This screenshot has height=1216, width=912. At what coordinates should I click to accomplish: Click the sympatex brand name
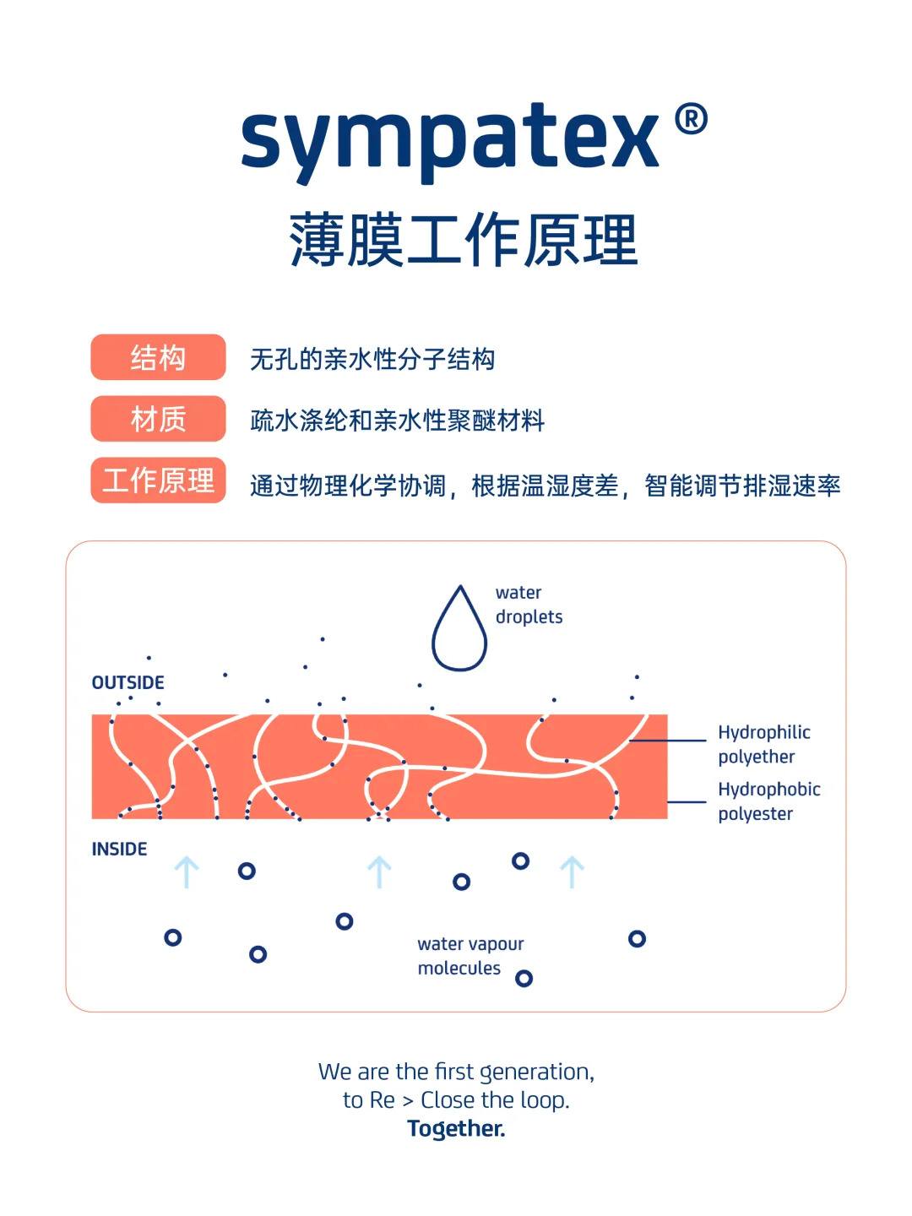click(449, 139)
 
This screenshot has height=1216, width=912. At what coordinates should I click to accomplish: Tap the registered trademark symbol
click(691, 119)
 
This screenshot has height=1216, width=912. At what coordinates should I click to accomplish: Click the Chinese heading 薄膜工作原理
click(463, 241)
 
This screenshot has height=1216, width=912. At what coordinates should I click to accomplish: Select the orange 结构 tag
click(158, 357)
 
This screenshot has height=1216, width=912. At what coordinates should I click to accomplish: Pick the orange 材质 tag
click(158, 419)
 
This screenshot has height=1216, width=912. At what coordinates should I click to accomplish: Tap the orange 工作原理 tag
click(158, 480)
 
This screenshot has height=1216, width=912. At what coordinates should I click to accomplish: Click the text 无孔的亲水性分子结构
click(372, 359)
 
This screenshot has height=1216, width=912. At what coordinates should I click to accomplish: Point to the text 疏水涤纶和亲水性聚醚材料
click(397, 421)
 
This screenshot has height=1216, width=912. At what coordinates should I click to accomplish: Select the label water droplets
click(529, 605)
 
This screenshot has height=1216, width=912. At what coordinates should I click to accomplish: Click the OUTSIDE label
click(128, 682)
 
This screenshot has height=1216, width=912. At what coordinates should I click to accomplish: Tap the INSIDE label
click(119, 849)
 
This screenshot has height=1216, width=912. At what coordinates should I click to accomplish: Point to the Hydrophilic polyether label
click(763, 744)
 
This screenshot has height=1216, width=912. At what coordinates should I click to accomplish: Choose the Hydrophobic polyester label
click(768, 801)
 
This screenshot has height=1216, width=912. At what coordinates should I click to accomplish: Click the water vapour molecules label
click(470, 956)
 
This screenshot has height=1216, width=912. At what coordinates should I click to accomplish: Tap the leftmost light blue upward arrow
click(186, 872)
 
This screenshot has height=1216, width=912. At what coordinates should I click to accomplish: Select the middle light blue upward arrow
click(379, 872)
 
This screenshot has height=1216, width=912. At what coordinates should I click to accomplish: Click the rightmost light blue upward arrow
click(572, 872)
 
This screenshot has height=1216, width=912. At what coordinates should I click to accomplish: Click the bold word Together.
click(456, 1128)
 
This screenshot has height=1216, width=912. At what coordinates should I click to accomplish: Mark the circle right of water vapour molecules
click(524, 979)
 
